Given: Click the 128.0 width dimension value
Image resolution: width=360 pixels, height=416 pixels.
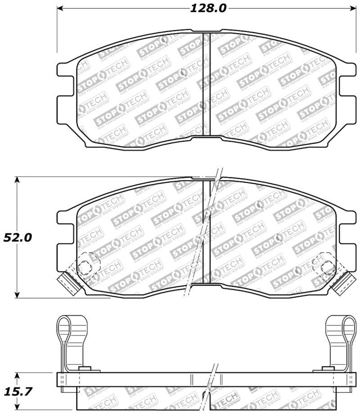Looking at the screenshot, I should click(x=205, y=8).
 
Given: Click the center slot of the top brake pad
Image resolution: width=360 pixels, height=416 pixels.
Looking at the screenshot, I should click(x=207, y=83).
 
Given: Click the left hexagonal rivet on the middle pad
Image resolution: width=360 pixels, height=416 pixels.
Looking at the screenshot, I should click(x=85, y=268).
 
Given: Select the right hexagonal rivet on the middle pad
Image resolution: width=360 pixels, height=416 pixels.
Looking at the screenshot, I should click(x=327, y=268).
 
